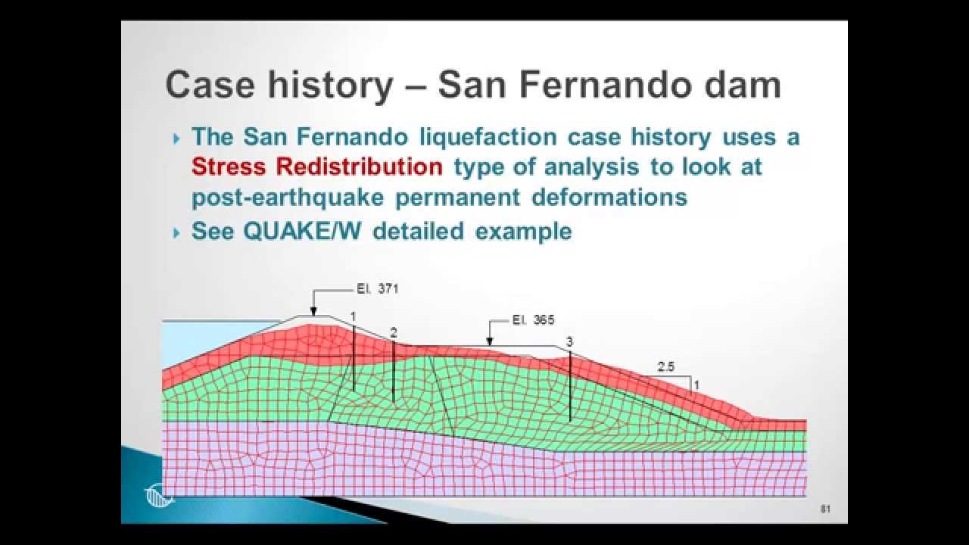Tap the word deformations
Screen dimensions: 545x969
(609, 197)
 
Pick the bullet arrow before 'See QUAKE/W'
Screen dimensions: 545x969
(176, 232)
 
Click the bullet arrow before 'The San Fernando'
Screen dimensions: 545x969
(176, 139)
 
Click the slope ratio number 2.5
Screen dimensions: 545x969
(666, 366)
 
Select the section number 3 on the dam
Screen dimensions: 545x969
(569, 342)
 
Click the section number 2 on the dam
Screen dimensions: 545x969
(393, 332)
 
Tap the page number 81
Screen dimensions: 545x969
(826, 509)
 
